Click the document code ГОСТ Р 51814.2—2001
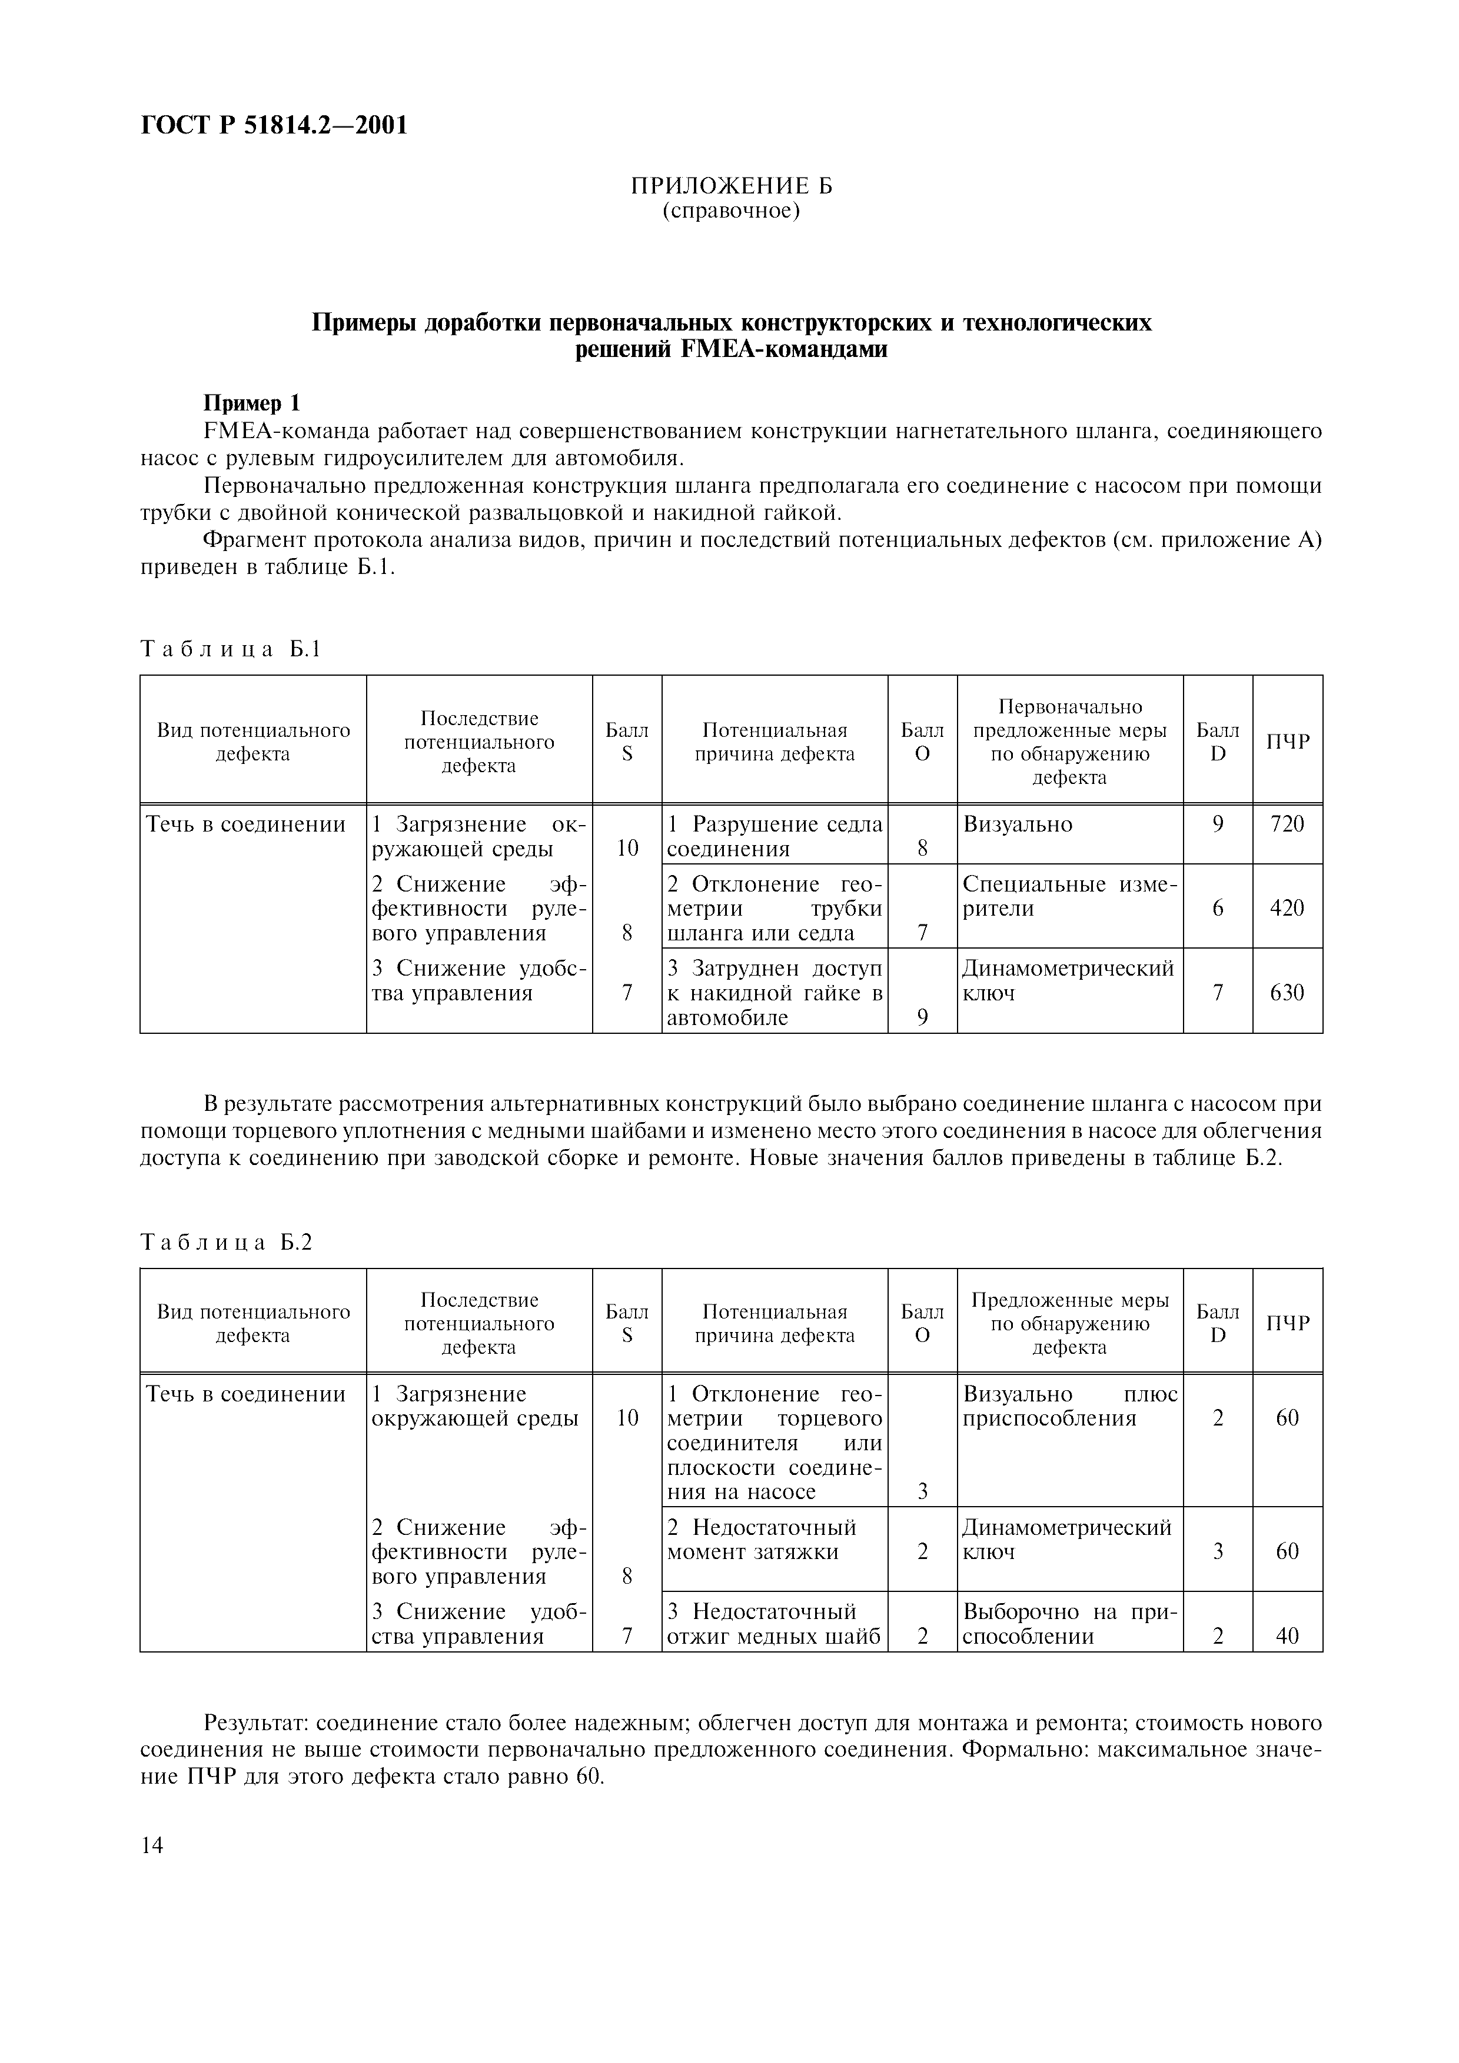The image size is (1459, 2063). coord(274,125)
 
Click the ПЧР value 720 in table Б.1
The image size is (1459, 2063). coord(1287,824)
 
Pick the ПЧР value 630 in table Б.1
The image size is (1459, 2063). coord(1287,993)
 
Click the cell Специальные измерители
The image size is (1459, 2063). coord(1069,897)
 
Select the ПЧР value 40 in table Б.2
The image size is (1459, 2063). coord(1287,1636)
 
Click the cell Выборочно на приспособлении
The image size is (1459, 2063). coord(1069,1624)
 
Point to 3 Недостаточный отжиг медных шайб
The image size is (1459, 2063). coord(774,1624)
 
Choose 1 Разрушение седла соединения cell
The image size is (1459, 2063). coord(774,836)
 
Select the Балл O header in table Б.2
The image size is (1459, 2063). coord(922,1324)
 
